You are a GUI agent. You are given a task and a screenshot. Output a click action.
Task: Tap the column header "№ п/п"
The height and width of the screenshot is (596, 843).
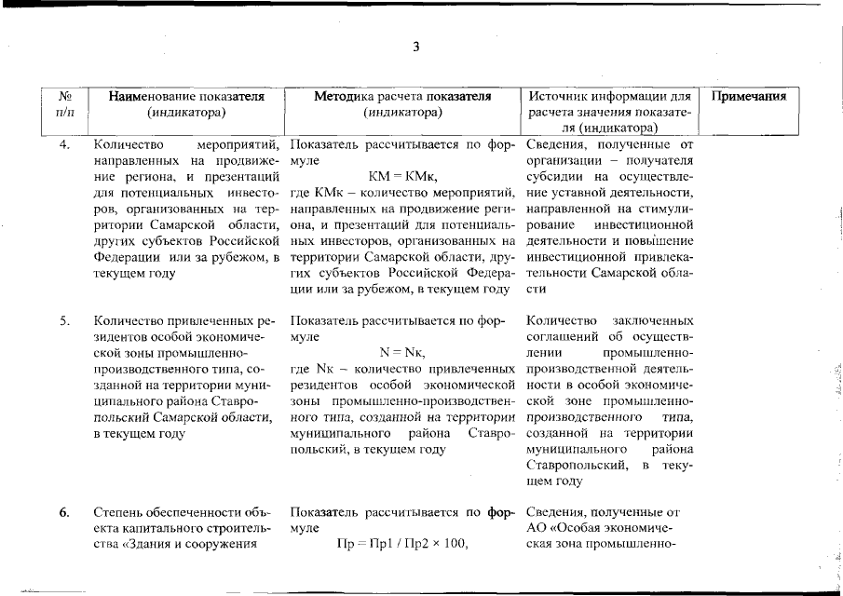pos(66,104)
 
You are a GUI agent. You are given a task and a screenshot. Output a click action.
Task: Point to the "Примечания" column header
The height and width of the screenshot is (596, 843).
pos(749,96)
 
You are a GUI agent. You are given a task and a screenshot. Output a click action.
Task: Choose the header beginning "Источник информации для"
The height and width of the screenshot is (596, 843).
pos(609,96)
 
